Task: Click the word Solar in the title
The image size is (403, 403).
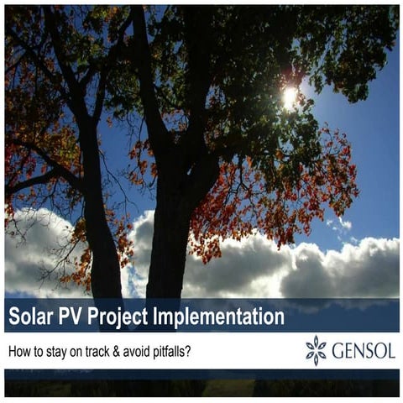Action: click(31, 317)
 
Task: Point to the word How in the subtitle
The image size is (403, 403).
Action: click(19, 352)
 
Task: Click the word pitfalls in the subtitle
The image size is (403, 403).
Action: click(175, 352)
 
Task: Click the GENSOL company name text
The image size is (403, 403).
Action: click(363, 350)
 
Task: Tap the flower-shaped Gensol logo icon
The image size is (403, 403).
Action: click(316, 350)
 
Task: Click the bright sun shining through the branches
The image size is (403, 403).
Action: click(290, 97)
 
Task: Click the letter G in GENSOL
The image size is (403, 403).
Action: click(338, 350)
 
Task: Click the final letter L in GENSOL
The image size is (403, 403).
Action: click(390, 350)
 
